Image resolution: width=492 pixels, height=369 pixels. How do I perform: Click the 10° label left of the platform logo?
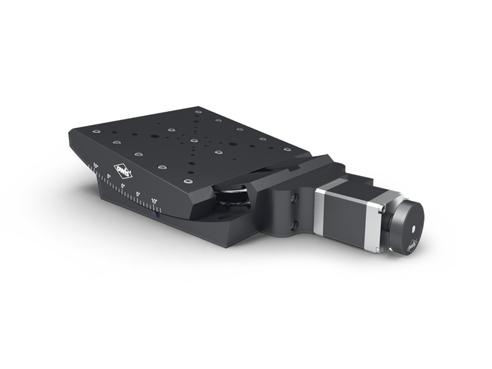(95, 165)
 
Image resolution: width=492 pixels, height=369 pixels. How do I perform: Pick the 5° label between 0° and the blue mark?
(138, 194)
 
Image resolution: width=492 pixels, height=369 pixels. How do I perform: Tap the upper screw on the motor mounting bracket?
(296, 197)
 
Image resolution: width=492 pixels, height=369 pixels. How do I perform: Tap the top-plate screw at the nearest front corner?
(187, 182)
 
